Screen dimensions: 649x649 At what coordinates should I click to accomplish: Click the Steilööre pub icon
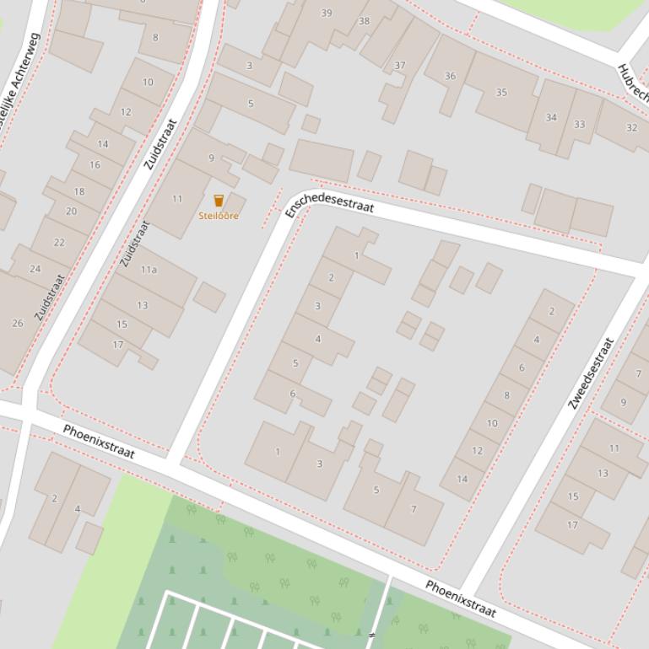pyautogui.click(x=219, y=201)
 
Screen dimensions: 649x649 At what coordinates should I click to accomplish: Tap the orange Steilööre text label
pyautogui.click(x=219, y=217)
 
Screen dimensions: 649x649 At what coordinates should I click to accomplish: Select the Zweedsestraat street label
pyautogui.click(x=590, y=373)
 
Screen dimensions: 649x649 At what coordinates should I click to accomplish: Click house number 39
pyautogui.click(x=327, y=13)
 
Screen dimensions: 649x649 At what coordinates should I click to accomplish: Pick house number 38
pyautogui.click(x=364, y=21)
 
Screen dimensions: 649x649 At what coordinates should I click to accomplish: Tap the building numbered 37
pyautogui.click(x=400, y=65)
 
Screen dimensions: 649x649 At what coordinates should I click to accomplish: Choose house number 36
pyautogui.click(x=450, y=76)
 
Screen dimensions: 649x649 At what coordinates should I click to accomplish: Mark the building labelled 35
pyautogui.click(x=501, y=93)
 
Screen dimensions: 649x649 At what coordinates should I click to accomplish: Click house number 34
pyautogui.click(x=551, y=117)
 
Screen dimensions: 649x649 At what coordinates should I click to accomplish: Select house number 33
pyautogui.click(x=579, y=125)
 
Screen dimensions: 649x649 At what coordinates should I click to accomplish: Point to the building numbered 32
pyautogui.click(x=631, y=128)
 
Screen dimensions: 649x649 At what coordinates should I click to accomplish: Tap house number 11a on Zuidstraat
pyautogui.click(x=149, y=270)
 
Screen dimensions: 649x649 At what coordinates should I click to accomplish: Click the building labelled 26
pyautogui.click(x=18, y=323)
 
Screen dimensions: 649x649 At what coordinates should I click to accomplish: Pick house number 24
pyautogui.click(x=35, y=270)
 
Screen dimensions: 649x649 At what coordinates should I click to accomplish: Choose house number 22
pyautogui.click(x=59, y=242)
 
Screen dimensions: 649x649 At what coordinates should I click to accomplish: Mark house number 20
pyautogui.click(x=71, y=212)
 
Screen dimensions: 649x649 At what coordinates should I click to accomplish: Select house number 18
pyautogui.click(x=79, y=191)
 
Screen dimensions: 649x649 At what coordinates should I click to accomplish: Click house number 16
pyautogui.click(x=95, y=164)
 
